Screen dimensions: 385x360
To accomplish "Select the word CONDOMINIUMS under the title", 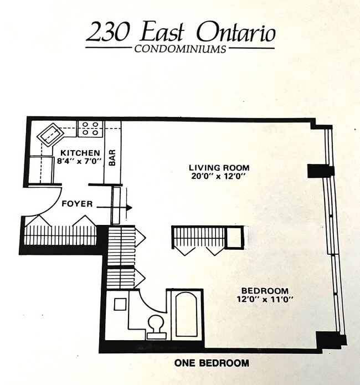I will (x=180, y=49).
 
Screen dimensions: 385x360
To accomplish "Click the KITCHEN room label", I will (x=80, y=153).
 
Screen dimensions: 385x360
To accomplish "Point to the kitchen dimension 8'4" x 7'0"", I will (x=80, y=161).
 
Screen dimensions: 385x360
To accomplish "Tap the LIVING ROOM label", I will (x=219, y=167).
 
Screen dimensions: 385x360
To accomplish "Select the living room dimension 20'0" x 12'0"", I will (x=219, y=176).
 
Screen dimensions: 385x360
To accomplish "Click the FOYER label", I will (x=76, y=204).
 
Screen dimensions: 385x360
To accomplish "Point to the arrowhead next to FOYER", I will (x=129, y=208).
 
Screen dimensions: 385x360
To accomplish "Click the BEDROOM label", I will (x=264, y=291).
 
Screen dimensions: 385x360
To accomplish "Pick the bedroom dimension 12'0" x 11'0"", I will (x=264, y=299).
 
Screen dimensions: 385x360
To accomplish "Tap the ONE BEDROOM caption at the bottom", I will (x=211, y=363).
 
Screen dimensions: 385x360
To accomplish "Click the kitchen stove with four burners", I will (x=90, y=129).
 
